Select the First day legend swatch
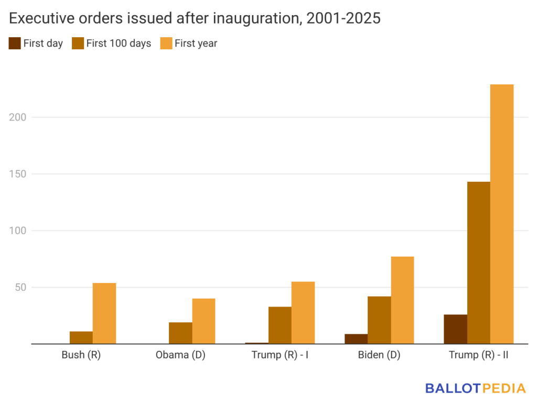tap(15, 43)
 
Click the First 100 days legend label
tap(119, 43)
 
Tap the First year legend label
tap(196, 43)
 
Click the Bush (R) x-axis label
tap(81, 355)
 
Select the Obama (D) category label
tap(180, 355)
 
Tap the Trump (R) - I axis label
tap(280, 355)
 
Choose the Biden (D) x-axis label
tap(379, 355)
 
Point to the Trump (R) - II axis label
tap(478, 355)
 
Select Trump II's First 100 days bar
tap(478, 262)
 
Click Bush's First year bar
tap(104, 313)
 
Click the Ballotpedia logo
tap(475, 388)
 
